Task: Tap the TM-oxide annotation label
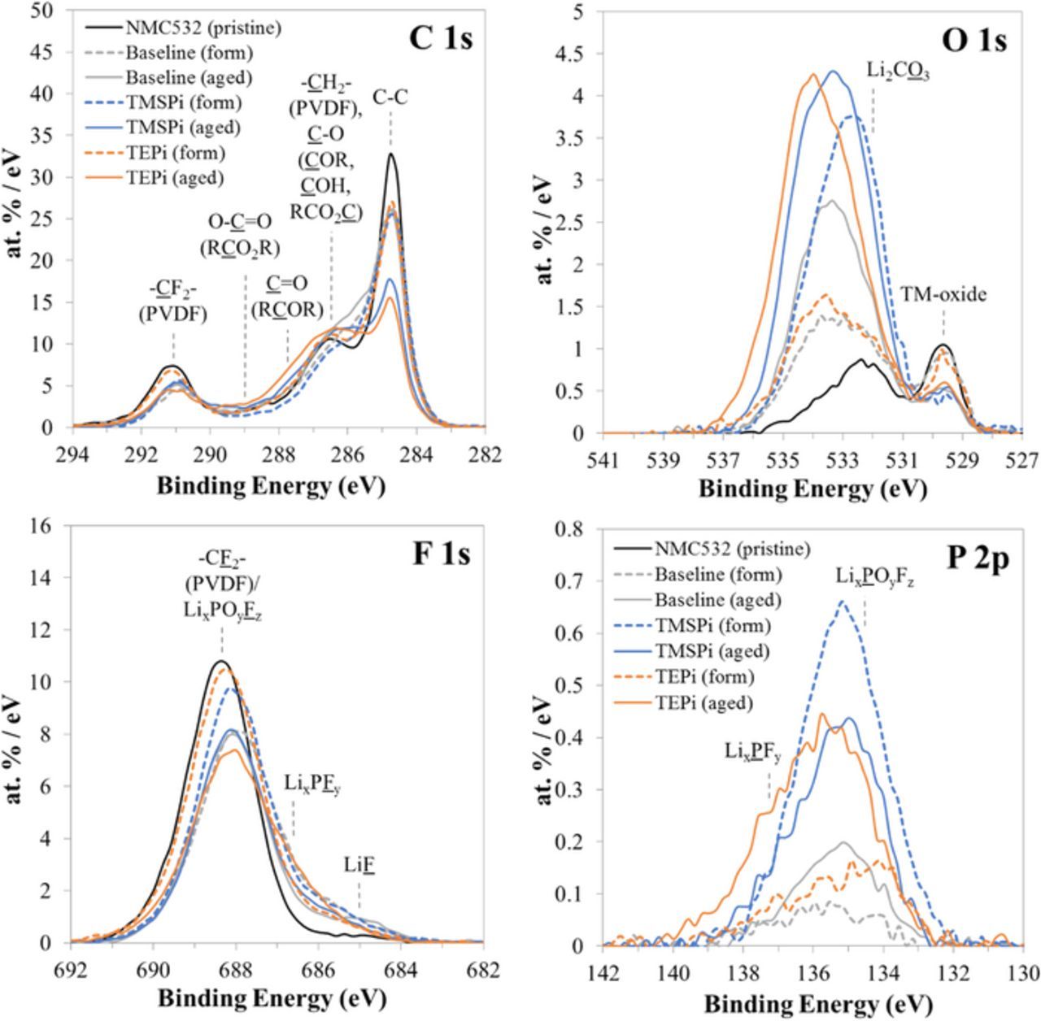tap(943, 294)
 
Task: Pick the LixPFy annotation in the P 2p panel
tap(752, 752)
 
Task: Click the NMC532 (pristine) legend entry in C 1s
tap(203, 27)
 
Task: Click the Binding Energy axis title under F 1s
tap(271, 997)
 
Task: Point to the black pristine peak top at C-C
tap(391, 154)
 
